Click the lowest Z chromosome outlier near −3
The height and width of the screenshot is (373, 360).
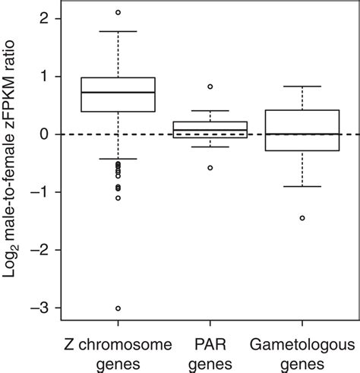(x=118, y=308)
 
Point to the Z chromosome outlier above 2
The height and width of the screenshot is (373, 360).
(x=118, y=12)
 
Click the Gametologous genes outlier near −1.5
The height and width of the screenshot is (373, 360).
(x=302, y=218)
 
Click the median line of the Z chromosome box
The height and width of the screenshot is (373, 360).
(x=118, y=92)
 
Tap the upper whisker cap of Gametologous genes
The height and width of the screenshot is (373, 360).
(x=302, y=87)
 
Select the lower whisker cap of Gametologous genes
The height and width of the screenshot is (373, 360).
(x=302, y=186)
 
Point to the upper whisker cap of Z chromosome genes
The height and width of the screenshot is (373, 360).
(x=118, y=31)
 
